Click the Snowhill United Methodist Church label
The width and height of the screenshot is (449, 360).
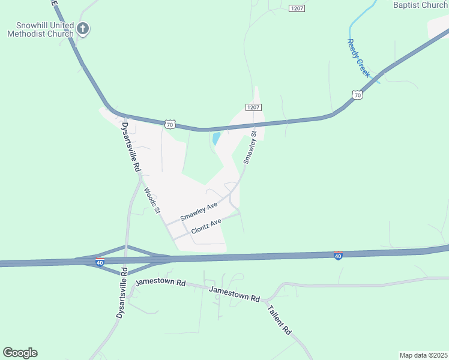tap(40, 29)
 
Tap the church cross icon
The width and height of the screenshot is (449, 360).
tap(83, 29)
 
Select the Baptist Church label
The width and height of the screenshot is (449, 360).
tap(420, 5)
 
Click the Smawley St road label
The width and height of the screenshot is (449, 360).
tap(250, 148)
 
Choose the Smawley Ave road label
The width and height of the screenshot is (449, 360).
tap(199, 212)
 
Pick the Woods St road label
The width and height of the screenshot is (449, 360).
tap(152, 201)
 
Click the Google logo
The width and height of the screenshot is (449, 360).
tap(20, 353)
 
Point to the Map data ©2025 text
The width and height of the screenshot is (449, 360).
tap(424, 355)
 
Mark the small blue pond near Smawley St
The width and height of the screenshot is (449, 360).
tap(215, 139)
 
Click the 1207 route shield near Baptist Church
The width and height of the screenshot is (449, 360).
tap(297, 8)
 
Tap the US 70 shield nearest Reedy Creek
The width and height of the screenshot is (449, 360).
tap(357, 95)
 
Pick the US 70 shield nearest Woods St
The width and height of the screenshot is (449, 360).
tap(170, 124)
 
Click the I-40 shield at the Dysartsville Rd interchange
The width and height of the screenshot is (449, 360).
tap(100, 262)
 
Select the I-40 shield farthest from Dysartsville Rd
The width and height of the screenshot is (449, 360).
tap(339, 256)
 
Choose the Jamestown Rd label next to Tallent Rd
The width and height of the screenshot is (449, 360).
tap(235, 294)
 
